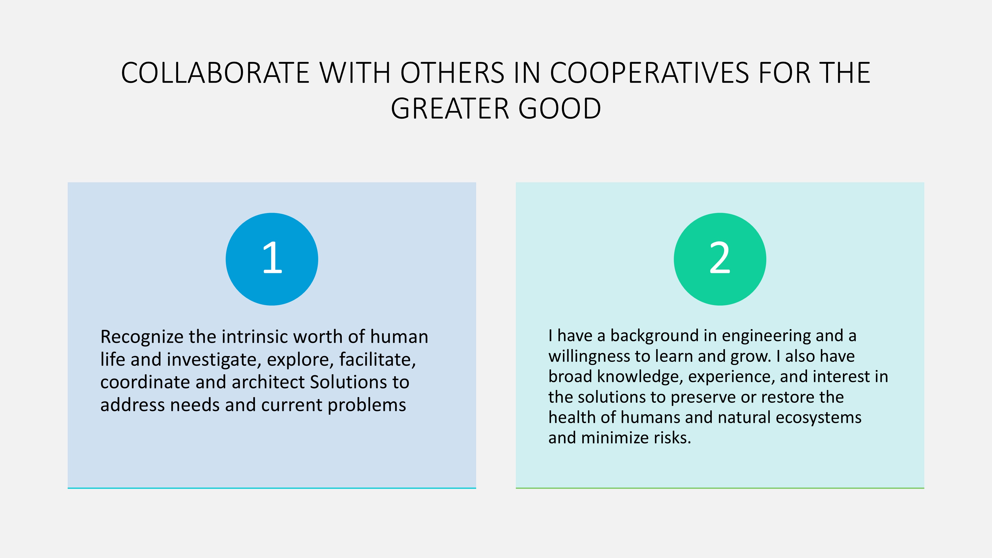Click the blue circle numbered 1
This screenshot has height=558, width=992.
pyautogui.click(x=272, y=259)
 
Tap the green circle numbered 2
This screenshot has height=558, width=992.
pyautogui.click(x=720, y=259)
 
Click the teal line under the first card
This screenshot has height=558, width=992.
pyautogui.click(x=272, y=488)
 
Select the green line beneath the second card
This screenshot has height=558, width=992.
pyautogui.click(x=720, y=488)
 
